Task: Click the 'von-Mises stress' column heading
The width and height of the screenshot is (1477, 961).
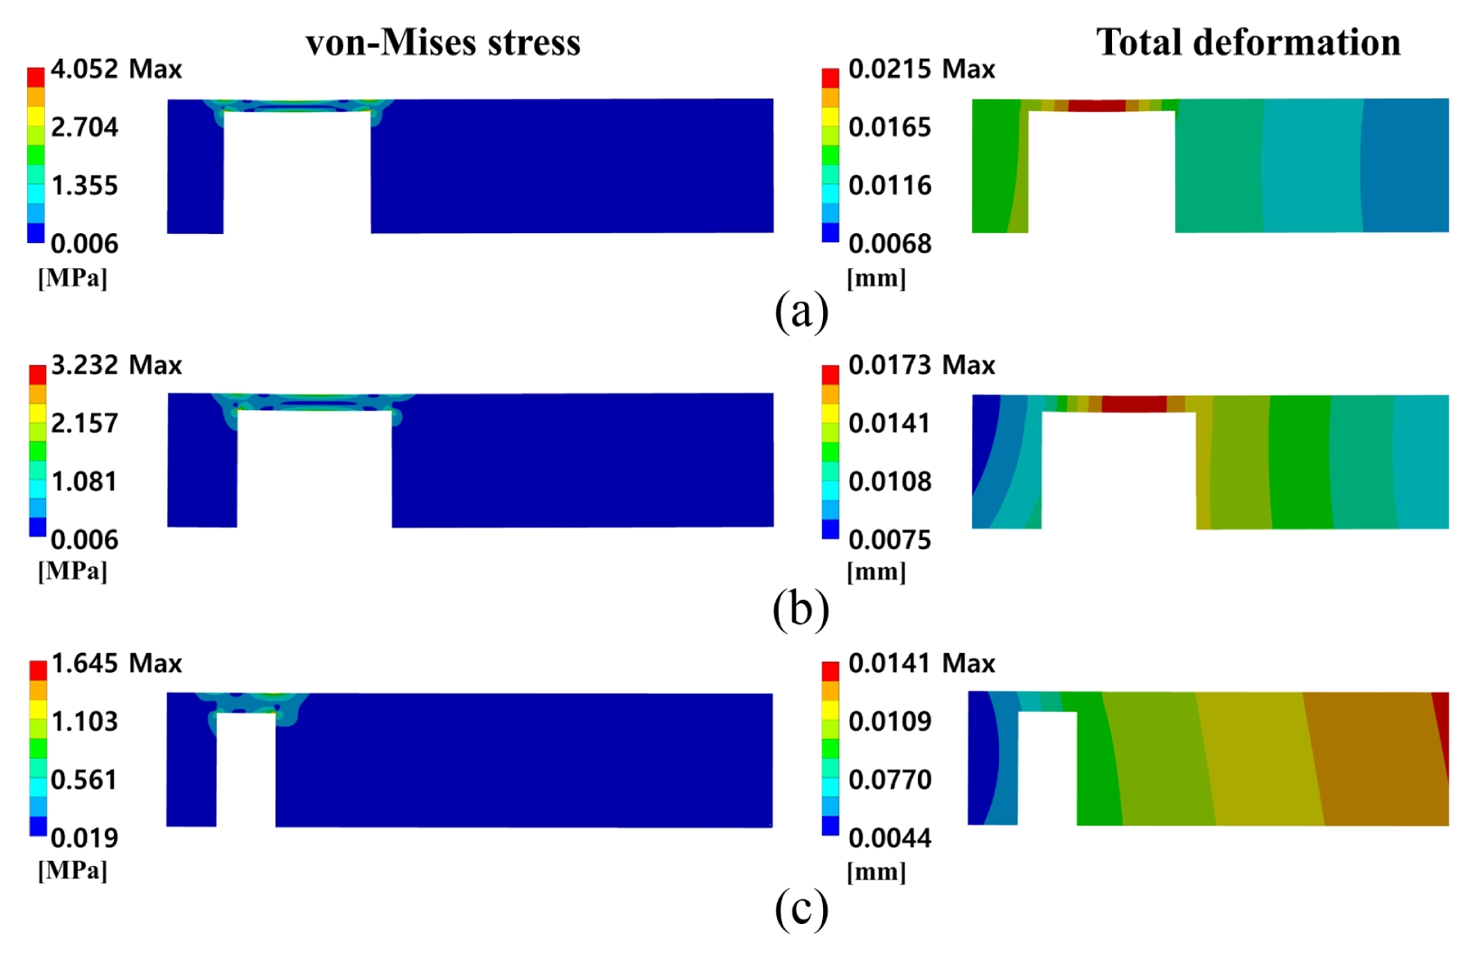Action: pos(443,42)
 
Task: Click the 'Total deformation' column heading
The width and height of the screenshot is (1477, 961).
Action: pos(1248,42)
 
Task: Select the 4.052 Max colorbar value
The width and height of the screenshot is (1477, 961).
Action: pos(116,69)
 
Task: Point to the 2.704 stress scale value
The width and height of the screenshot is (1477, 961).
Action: pos(84,126)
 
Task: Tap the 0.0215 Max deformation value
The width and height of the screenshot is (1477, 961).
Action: pos(921,69)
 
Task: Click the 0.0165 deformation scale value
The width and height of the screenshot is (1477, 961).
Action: pos(890,126)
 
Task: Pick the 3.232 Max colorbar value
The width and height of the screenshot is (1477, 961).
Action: pos(116,365)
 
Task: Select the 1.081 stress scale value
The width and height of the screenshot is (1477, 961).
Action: pos(84,481)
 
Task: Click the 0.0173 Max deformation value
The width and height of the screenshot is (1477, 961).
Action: pos(921,365)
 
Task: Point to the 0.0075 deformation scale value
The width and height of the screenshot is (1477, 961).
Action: pos(890,540)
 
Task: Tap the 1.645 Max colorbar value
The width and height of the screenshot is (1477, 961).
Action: pos(116,663)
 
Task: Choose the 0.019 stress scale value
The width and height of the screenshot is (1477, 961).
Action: pos(84,838)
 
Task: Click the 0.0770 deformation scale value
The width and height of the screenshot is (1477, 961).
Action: pos(890,779)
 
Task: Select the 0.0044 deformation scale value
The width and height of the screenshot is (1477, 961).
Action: pos(890,838)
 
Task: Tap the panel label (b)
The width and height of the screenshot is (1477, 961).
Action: pos(801,609)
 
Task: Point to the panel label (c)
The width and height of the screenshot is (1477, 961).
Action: pos(801,910)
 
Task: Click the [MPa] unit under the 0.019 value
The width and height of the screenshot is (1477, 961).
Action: pos(72,872)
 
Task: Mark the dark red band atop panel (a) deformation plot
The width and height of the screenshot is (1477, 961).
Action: pos(1097,106)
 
